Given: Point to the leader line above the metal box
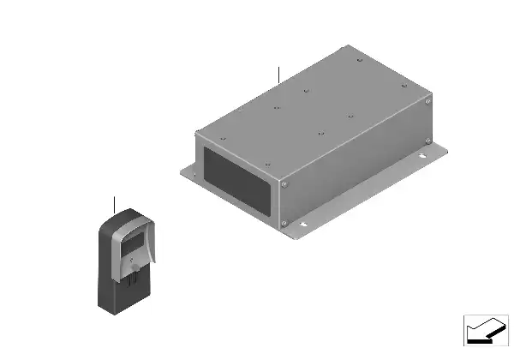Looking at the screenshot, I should [x=278, y=73].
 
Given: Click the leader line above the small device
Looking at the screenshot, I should [x=114, y=204].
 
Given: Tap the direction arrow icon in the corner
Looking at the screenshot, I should [x=486, y=330].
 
